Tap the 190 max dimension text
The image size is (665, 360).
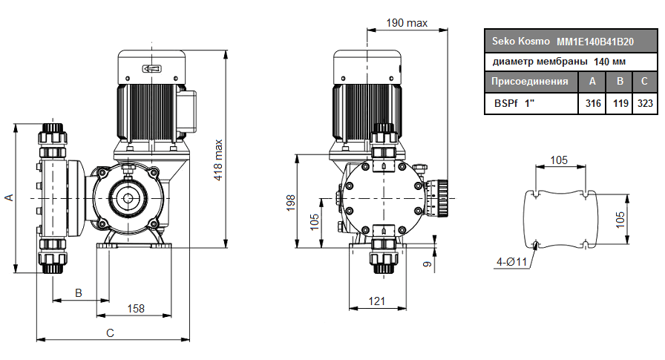pyautogui.click(x=407, y=23)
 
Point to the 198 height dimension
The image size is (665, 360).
pyautogui.click(x=291, y=201)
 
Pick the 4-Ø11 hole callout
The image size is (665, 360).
pyautogui.click(x=511, y=261)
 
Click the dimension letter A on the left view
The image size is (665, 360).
pyautogui.click(x=9, y=197)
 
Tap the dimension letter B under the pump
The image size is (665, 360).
pyautogui.click(x=79, y=293)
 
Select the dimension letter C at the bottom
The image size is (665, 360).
pyautogui.click(x=110, y=333)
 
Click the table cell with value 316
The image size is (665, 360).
pyautogui.click(x=593, y=103)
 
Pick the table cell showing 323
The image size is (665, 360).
pyautogui.click(x=645, y=103)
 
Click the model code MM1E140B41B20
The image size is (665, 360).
pyautogui.click(x=596, y=42)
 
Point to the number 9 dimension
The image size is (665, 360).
pyautogui.click(x=427, y=263)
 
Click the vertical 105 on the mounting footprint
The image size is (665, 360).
pyautogui.click(x=620, y=217)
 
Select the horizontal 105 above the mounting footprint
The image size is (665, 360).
pyautogui.click(x=560, y=160)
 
